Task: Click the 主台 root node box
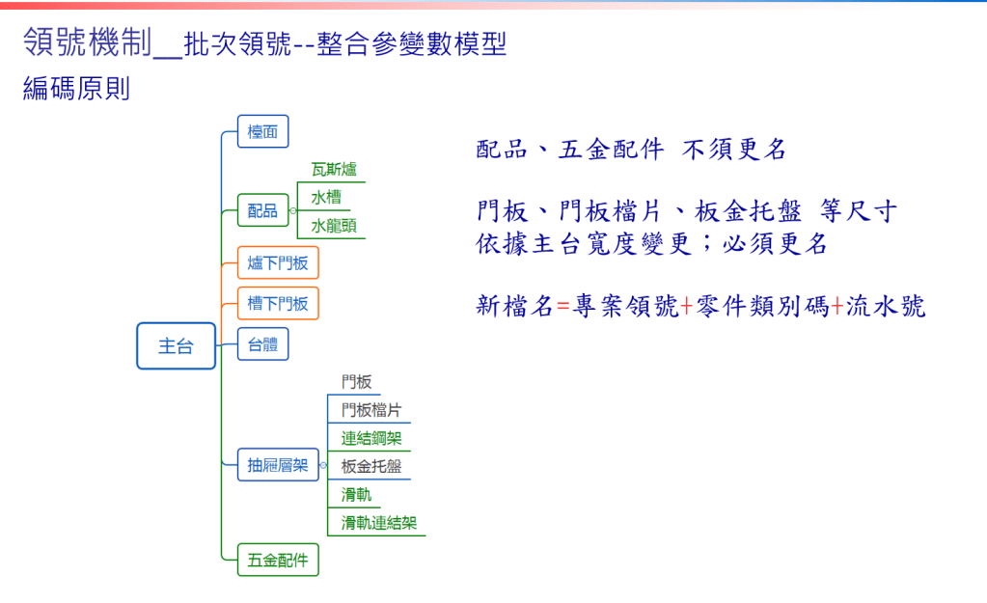pyautogui.click(x=177, y=345)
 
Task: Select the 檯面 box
pyautogui.click(x=263, y=131)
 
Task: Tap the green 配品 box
pyautogui.click(x=263, y=210)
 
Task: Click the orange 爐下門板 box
pyautogui.click(x=278, y=262)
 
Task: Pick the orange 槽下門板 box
pyautogui.click(x=278, y=303)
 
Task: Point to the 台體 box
pyautogui.click(x=263, y=344)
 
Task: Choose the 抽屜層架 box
pyautogui.click(x=278, y=465)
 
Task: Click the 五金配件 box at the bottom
pyautogui.click(x=278, y=560)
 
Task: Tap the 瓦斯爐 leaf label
pyautogui.click(x=334, y=169)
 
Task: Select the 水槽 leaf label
pyautogui.click(x=326, y=198)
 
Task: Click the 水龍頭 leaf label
pyautogui.click(x=334, y=226)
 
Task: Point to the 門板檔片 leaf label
pyautogui.click(x=371, y=410)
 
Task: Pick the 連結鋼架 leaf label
pyautogui.click(x=371, y=438)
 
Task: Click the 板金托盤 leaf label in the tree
pyautogui.click(x=371, y=466)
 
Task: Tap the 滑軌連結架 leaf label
pyautogui.click(x=379, y=523)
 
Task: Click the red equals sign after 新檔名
pyautogui.click(x=562, y=307)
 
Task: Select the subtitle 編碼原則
pyautogui.click(x=77, y=88)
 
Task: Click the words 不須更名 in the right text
pyautogui.click(x=734, y=150)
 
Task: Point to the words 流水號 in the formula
pyautogui.click(x=885, y=307)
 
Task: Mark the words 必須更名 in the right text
pyautogui.click(x=775, y=243)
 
